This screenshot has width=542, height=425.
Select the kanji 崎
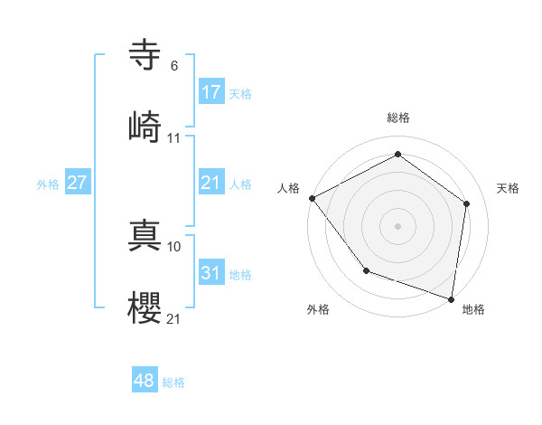(145, 126)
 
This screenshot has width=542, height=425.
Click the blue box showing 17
(211, 92)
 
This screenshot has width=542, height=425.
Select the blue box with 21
(211, 183)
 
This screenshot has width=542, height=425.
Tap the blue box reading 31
(211, 273)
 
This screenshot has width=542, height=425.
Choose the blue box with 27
(78, 183)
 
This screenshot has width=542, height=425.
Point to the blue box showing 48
(145, 381)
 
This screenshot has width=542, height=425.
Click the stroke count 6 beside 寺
(173, 66)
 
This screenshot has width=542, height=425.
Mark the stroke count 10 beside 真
(174, 245)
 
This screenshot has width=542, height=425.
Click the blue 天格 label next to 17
(240, 93)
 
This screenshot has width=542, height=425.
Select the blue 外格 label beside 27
(48, 184)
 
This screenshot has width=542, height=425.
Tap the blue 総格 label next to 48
(173, 382)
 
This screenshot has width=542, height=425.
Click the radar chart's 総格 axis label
(398, 118)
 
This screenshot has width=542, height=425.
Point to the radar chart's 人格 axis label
(288, 188)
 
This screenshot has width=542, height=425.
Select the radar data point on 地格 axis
(451, 298)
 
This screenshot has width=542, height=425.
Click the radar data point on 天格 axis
(467, 203)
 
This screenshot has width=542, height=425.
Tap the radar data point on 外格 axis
(366, 270)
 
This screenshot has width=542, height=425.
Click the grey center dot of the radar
(398, 225)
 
